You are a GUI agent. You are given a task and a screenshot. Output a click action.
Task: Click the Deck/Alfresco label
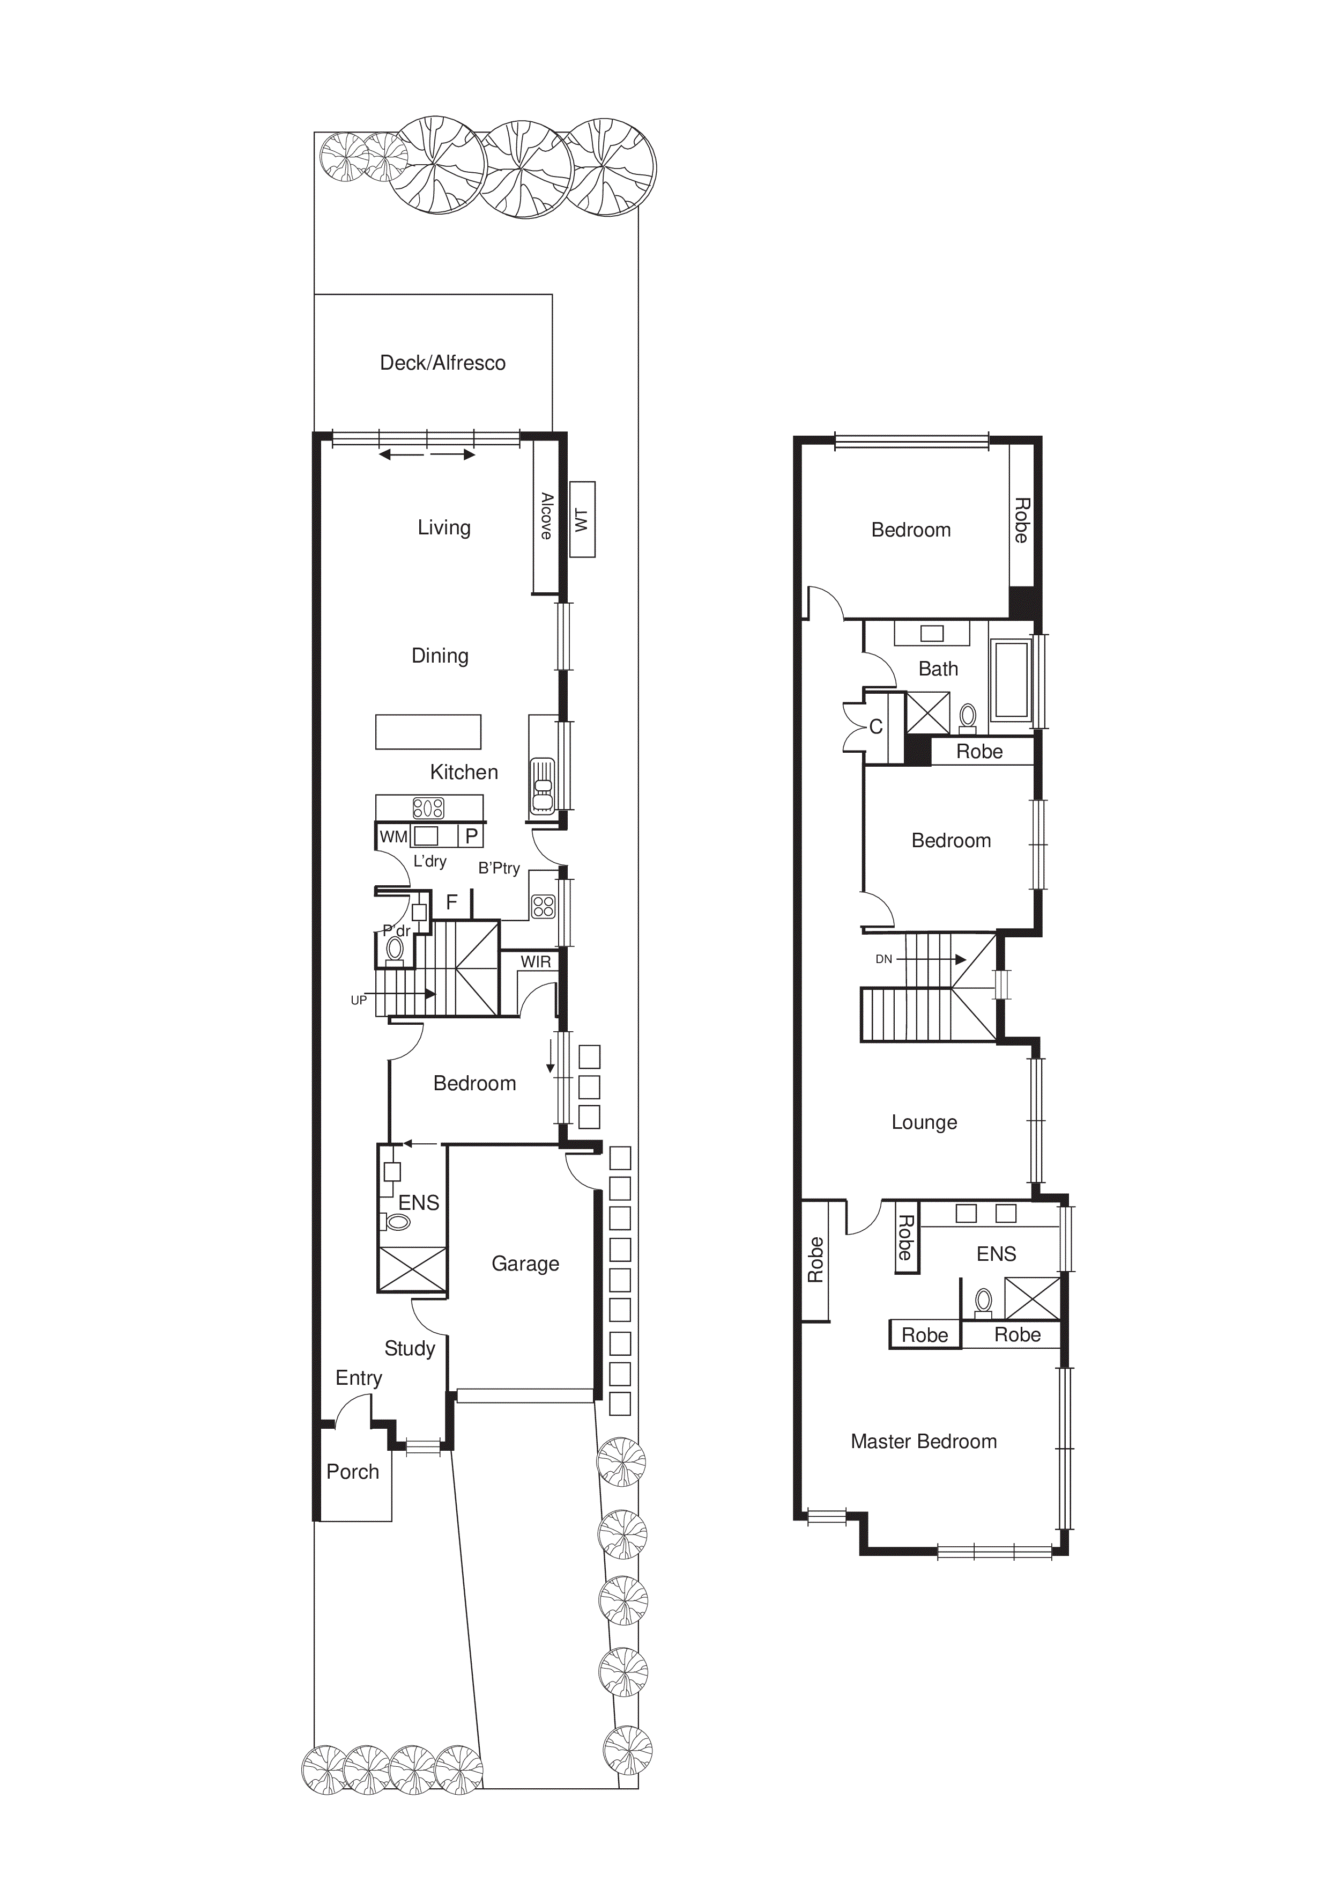(x=443, y=363)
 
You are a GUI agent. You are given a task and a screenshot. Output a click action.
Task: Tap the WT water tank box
(x=582, y=520)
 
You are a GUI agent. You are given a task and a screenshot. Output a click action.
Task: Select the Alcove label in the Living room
(x=546, y=516)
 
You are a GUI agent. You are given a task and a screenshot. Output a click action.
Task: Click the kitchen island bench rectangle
(x=428, y=731)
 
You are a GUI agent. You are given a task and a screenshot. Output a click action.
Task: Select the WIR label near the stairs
(x=536, y=961)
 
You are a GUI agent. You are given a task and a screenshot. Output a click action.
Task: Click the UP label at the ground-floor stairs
(x=359, y=1000)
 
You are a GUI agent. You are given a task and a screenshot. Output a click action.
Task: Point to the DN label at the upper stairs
(x=884, y=959)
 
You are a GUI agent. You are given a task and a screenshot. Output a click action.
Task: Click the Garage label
(x=525, y=1264)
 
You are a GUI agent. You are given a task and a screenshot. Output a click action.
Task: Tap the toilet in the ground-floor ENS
(x=397, y=1223)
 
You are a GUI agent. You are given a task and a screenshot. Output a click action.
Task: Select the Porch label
(x=353, y=1471)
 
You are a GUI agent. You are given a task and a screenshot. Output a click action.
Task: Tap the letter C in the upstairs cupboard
(x=875, y=727)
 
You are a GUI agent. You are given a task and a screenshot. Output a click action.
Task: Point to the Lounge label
(x=924, y=1122)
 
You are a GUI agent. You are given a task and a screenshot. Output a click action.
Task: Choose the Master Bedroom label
(x=924, y=1441)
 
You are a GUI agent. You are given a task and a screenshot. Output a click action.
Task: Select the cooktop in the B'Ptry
(x=544, y=906)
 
